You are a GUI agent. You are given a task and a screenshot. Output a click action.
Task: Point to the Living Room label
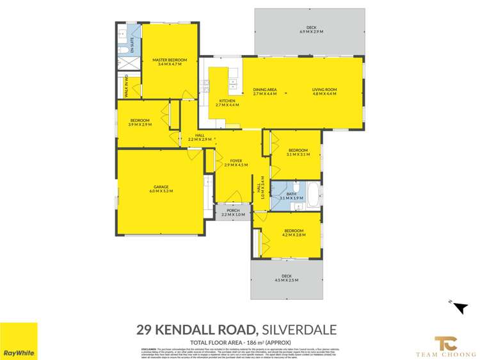tap(324, 92)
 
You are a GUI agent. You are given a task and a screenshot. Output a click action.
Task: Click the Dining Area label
tap(265, 92)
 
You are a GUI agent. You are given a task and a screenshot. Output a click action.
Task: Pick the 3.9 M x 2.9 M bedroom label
tap(140, 122)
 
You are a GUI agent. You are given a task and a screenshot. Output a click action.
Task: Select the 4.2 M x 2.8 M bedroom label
tap(294, 233)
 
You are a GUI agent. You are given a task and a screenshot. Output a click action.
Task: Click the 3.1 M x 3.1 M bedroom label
tap(298, 152)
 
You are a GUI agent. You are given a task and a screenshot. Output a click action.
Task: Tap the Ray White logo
tap(19, 341)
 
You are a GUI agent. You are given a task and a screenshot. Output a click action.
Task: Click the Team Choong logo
tap(444, 345)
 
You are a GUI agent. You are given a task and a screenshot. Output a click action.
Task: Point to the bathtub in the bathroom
tap(314, 195)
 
